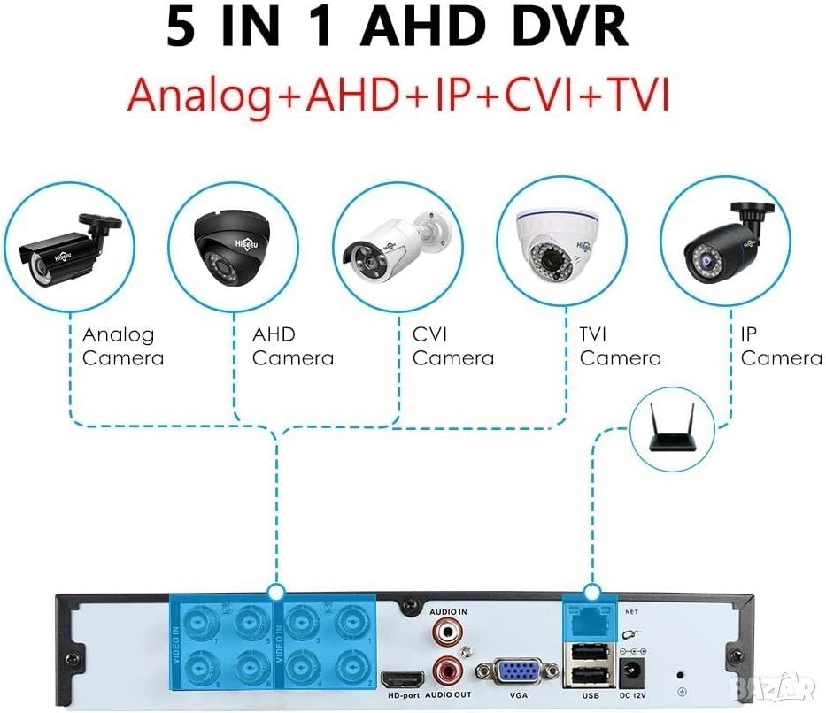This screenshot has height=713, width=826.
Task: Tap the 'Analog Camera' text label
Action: (122, 346)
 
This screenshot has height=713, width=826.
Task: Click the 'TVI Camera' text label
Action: (620, 346)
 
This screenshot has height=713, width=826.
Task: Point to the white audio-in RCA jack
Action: (448, 633)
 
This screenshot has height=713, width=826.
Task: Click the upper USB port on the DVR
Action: (586, 654)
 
